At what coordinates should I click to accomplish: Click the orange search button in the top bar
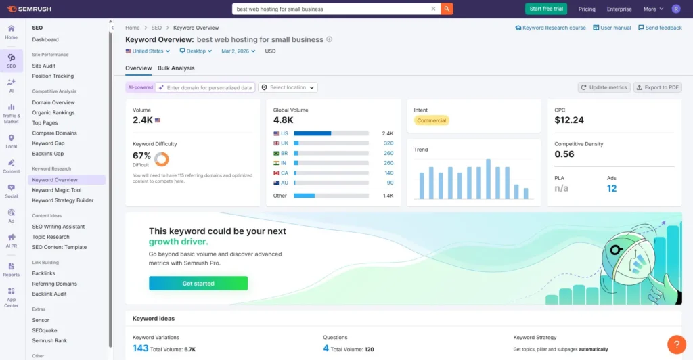447,9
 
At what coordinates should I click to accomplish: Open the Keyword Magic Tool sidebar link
57,190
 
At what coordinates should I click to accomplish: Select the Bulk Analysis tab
176,68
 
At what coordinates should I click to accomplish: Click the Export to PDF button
657,87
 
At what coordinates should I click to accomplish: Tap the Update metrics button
604,87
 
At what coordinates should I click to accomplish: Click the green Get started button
198,284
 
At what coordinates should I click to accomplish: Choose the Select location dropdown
288,87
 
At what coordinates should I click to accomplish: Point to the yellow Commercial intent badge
432,120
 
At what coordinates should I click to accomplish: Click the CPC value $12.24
569,120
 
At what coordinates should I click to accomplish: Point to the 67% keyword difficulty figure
141,156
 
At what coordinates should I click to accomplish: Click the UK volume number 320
388,143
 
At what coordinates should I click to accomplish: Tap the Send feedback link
660,28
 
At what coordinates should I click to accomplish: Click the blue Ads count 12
612,189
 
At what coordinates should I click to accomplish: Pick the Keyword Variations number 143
140,348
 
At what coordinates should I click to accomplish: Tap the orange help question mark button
676,344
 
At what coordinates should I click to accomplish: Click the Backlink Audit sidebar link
49,294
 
